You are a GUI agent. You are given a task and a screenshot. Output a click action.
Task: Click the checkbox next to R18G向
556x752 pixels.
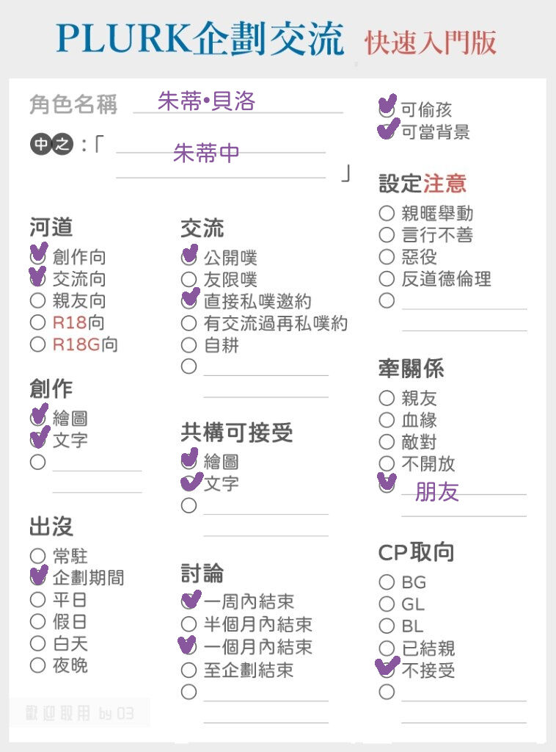(x=37, y=344)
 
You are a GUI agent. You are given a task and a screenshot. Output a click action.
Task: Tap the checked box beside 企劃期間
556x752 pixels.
(x=38, y=576)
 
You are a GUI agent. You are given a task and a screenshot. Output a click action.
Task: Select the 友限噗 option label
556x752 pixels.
(x=230, y=280)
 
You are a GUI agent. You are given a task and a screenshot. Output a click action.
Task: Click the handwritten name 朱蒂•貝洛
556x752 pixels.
(x=206, y=101)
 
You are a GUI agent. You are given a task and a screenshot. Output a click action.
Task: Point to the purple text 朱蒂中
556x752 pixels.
(x=206, y=153)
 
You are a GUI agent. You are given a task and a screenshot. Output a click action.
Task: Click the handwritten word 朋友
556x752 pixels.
(x=436, y=491)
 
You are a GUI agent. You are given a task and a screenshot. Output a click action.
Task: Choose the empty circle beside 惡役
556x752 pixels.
(x=387, y=257)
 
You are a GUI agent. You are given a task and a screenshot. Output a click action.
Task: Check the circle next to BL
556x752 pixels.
(x=387, y=626)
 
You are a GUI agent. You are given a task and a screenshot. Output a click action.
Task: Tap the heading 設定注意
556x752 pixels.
(x=423, y=184)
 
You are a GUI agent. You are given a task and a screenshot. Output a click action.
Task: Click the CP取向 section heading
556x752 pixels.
(x=416, y=552)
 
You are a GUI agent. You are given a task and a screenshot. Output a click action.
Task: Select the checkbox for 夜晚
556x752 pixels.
(x=37, y=665)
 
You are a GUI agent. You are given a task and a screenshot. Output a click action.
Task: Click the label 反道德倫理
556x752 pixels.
(x=446, y=279)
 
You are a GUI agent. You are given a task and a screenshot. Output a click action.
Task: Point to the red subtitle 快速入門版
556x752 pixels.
(x=431, y=43)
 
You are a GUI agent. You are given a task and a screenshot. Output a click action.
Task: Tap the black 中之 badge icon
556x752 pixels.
(x=52, y=143)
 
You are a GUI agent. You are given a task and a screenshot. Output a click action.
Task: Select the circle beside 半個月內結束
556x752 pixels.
(x=189, y=624)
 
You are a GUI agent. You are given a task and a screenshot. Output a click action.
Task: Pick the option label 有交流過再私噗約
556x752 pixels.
(x=276, y=324)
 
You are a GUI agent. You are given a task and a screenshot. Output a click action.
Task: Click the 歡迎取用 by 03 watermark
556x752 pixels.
(x=79, y=714)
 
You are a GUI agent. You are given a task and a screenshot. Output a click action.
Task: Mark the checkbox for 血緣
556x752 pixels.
(x=387, y=420)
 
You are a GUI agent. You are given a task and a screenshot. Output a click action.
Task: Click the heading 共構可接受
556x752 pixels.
(x=237, y=433)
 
